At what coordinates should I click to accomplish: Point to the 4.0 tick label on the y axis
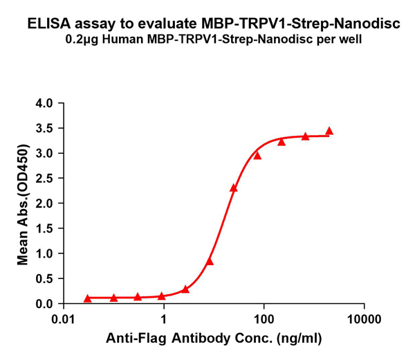[44, 103]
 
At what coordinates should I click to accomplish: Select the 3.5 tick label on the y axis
[44, 128]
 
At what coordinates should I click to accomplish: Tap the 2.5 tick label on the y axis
[44, 178]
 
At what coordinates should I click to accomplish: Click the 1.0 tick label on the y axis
[44, 253]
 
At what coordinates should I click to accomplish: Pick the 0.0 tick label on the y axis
[44, 303]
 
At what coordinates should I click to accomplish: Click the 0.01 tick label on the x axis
[64, 320]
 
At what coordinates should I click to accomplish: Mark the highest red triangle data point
[329, 131]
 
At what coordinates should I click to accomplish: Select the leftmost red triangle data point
[88, 298]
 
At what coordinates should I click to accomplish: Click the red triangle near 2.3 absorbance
[234, 188]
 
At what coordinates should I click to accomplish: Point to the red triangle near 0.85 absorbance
[210, 261]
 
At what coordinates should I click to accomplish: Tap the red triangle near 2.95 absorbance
[257, 155]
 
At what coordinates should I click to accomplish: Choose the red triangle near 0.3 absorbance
[185, 289]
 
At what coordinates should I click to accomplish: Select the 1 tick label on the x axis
[163, 320]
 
